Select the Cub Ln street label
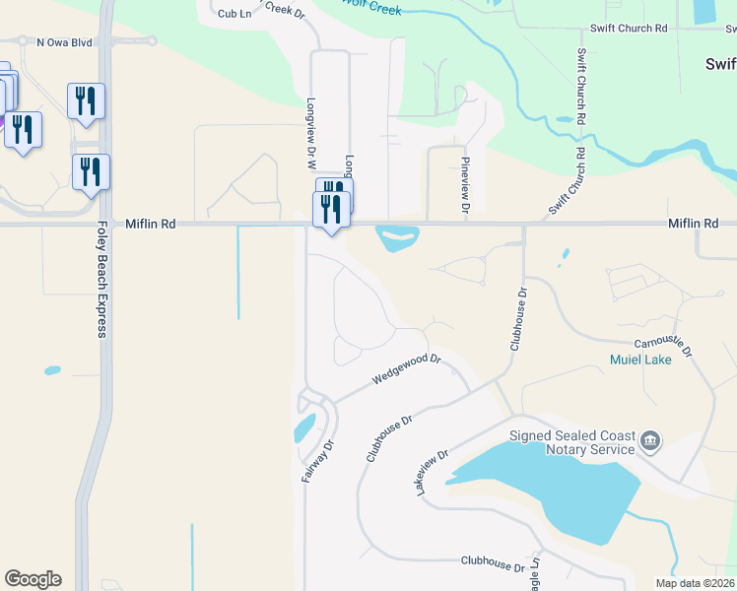click(235, 14)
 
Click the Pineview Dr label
click(465, 183)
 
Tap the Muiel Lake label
click(640, 361)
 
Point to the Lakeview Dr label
click(434, 473)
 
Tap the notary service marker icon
click(650, 439)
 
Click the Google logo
click(33, 579)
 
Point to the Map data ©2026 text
click(695, 582)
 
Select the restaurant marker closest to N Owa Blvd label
click(87, 101)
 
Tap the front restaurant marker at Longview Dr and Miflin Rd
click(331, 210)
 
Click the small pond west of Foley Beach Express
click(51, 371)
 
